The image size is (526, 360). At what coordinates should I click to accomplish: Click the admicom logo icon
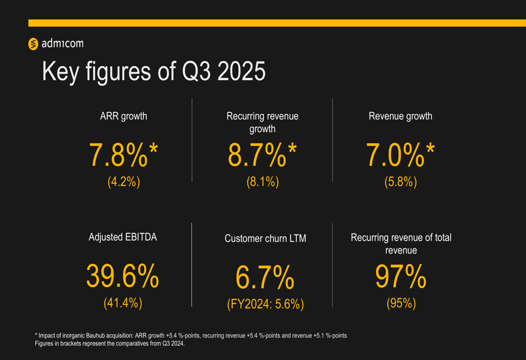tap(33, 44)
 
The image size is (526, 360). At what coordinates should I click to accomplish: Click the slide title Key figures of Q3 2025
tap(154, 71)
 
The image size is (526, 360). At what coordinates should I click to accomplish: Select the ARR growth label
tap(124, 116)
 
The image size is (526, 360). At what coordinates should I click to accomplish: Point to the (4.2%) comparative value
tap(124, 182)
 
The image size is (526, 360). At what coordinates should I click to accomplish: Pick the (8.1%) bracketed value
tap(262, 182)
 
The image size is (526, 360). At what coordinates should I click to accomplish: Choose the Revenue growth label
tap(400, 116)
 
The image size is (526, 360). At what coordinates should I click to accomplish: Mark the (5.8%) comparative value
tap(401, 182)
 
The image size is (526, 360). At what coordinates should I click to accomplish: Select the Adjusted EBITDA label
tap(123, 237)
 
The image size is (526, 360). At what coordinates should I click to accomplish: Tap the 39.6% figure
tap(123, 276)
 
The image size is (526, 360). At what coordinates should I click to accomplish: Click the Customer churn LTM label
tap(265, 239)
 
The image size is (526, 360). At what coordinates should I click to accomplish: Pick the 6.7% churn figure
tap(265, 278)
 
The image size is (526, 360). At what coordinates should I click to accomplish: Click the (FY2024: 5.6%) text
tap(265, 304)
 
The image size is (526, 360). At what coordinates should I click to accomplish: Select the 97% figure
tap(400, 276)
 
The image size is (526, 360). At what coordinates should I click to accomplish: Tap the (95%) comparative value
tap(401, 303)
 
